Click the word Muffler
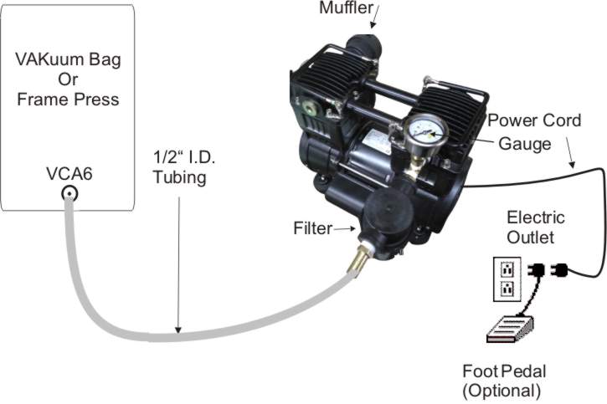pyautogui.click(x=346, y=9)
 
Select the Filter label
pyautogui.click(x=313, y=227)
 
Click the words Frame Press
pyautogui.click(x=68, y=100)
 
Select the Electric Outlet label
pyautogui.click(x=536, y=228)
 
